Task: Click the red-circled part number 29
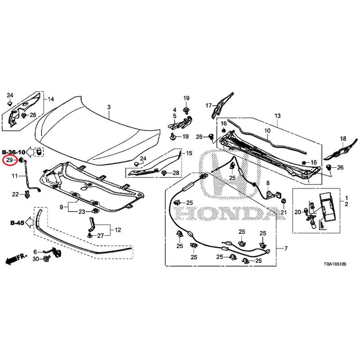pyautogui.click(x=9, y=161)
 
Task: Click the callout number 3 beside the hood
pyautogui.click(x=108, y=107)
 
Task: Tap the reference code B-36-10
pyautogui.click(x=14, y=152)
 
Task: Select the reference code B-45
pyautogui.click(x=18, y=222)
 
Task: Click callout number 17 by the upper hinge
pyautogui.click(x=208, y=106)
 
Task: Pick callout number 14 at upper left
pyautogui.click(x=51, y=99)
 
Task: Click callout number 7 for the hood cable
pyautogui.click(x=284, y=248)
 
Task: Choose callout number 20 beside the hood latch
pyautogui.click(x=297, y=212)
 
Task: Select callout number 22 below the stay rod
pyautogui.click(x=15, y=194)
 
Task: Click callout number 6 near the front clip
pyautogui.click(x=35, y=252)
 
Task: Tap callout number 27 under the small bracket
pyautogui.click(x=101, y=235)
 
